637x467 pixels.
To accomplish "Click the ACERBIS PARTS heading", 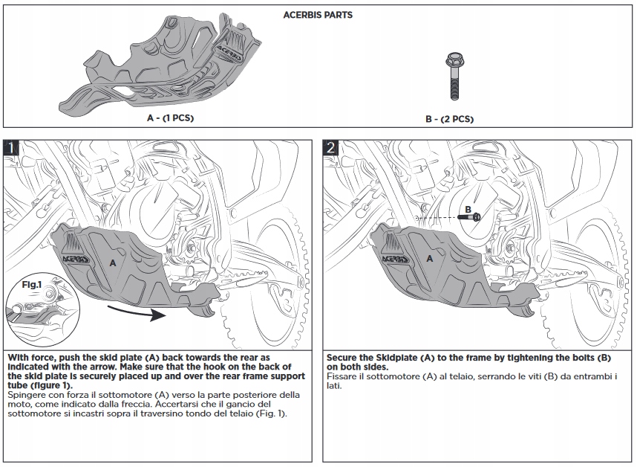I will pos(318,15).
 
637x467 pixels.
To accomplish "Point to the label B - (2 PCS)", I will pos(450,119).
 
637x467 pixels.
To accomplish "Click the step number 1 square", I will pos(11,147).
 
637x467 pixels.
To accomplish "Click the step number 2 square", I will pos(331,147).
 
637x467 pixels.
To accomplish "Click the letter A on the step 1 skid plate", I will pos(113,263).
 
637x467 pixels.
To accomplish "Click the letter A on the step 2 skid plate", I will pos(430,258).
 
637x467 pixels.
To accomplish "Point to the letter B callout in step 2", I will pos(468,209).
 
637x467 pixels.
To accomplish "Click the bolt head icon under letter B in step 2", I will pos(476,216).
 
